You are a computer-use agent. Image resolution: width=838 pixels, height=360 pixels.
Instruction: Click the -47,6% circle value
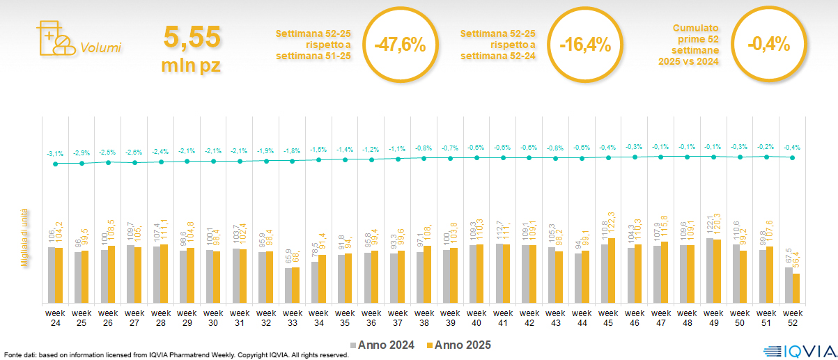[x=400, y=45]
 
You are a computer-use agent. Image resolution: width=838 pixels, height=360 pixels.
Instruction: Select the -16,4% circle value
[x=585, y=45]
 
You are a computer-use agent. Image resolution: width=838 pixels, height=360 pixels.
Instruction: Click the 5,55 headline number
[x=192, y=37]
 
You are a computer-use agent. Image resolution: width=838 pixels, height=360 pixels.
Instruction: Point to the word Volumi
[x=100, y=48]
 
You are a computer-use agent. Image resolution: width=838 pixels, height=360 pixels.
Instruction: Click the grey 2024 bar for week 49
[x=710, y=270]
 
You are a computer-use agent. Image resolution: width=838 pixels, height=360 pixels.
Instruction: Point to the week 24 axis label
[x=55, y=318]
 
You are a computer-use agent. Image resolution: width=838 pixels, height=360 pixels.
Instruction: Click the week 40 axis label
[x=476, y=318]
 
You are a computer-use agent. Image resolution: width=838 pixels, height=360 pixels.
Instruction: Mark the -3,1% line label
[x=55, y=153]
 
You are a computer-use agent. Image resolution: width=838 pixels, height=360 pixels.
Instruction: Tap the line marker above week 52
[x=792, y=157]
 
